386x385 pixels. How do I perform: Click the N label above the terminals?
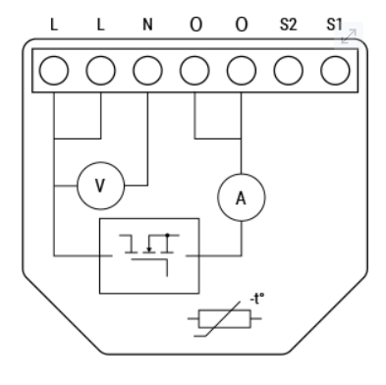coord(147,25)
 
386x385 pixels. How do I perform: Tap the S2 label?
coord(289,25)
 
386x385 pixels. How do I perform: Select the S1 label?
coord(335,25)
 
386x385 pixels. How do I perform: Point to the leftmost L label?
coord(54,25)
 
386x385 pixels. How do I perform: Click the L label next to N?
coord(100,25)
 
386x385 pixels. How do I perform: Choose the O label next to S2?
coord(242,25)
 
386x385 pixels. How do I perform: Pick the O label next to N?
coord(195,25)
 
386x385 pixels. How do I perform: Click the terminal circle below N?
coord(147,71)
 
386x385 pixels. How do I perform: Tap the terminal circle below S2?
coord(289,71)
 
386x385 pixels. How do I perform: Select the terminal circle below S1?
coord(335,71)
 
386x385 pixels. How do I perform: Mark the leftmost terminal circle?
coord(54,71)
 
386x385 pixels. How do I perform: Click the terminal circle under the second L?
coord(101,71)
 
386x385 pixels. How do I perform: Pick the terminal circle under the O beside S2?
coord(242,71)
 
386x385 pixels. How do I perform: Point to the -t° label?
coord(257,299)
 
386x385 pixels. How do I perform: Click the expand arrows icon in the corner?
coord(349,36)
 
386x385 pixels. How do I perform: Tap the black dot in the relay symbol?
coord(167,235)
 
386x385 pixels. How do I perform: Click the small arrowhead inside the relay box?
coord(149,249)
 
